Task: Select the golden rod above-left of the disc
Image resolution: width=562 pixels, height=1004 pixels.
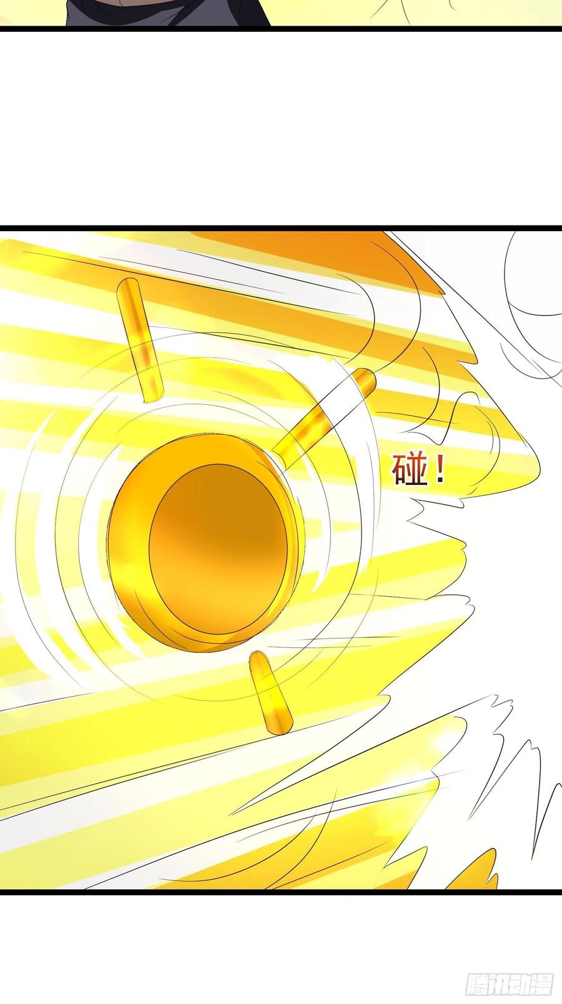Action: tap(139, 340)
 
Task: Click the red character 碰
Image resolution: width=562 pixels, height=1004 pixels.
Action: tap(409, 470)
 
